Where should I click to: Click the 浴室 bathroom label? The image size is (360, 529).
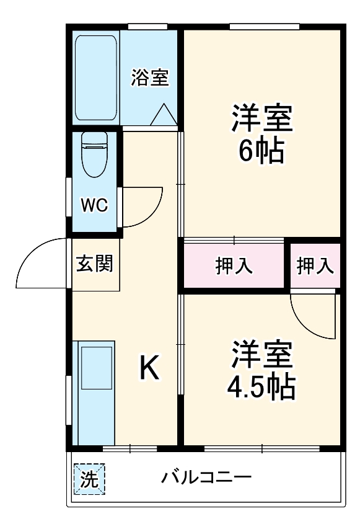coord(150,78)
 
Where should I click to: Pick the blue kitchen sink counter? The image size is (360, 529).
coord(94,392)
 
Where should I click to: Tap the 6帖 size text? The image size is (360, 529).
coord(261,151)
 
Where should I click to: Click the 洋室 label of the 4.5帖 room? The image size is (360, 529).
coord(261,356)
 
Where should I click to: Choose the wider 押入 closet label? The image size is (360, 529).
coord(234,265)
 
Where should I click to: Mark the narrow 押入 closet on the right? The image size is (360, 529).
coord(315,265)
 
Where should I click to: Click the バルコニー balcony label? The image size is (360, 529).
coord(207,478)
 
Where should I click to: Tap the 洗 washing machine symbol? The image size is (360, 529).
coord(90,479)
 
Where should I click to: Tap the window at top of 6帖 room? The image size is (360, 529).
coord(264,27)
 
